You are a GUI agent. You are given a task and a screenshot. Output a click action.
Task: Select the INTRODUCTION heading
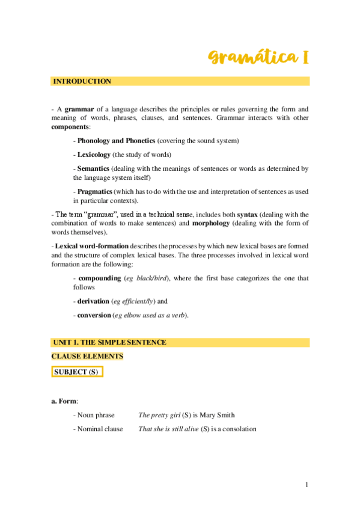82,81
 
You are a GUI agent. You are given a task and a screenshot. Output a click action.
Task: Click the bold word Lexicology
93,155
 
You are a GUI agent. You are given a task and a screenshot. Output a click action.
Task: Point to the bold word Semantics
93,169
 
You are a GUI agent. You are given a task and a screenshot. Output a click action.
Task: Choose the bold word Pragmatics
94,191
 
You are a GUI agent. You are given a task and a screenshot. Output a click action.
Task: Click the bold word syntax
248,214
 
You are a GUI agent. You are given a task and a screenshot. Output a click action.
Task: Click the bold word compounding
99,278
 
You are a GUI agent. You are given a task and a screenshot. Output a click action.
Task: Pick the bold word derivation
94,301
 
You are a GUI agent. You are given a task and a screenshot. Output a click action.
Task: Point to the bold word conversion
94,315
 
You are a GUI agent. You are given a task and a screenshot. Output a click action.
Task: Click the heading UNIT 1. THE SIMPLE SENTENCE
110,342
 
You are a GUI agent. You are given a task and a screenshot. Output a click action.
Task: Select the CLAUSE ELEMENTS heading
87,357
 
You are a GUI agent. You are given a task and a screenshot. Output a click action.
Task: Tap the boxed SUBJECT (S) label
76,372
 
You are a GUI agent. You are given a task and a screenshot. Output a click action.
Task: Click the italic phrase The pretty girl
159,415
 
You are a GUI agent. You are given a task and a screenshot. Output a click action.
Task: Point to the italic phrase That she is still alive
168,429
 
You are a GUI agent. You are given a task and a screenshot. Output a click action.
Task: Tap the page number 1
307,485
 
